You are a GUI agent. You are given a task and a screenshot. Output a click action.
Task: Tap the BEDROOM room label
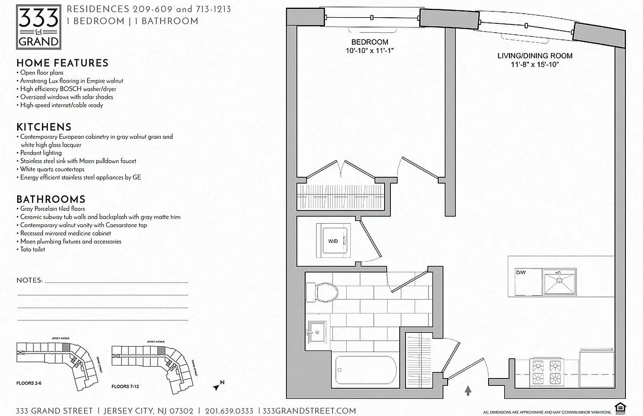pyautogui.click(x=370, y=42)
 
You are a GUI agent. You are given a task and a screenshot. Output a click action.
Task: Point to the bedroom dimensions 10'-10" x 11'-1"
pyautogui.click(x=370, y=50)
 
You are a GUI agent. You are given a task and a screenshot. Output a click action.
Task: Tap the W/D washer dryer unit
pyautogui.click(x=334, y=241)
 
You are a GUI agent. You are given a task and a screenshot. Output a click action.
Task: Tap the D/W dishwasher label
pyautogui.click(x=521, y=272)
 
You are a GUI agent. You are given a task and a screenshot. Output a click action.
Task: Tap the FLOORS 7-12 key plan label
pyautogui.click(x=128, y=387)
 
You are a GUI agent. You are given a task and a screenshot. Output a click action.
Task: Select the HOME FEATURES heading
pyautogui.click(x=62, y=63)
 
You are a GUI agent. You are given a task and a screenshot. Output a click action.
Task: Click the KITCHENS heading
pyautogui.click(x=44, y=127)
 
